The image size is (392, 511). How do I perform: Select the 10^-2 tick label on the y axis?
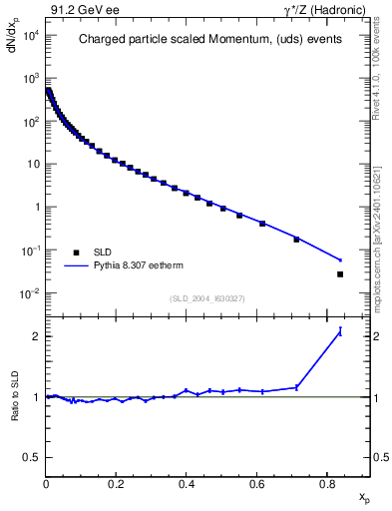[29, 293]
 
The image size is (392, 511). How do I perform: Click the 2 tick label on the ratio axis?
[36, 336]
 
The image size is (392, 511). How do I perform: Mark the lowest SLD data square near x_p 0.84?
[340, 274]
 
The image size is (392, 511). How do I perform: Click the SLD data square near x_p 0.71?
[296, 240]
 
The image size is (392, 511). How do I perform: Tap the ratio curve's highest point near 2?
[340, 331]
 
